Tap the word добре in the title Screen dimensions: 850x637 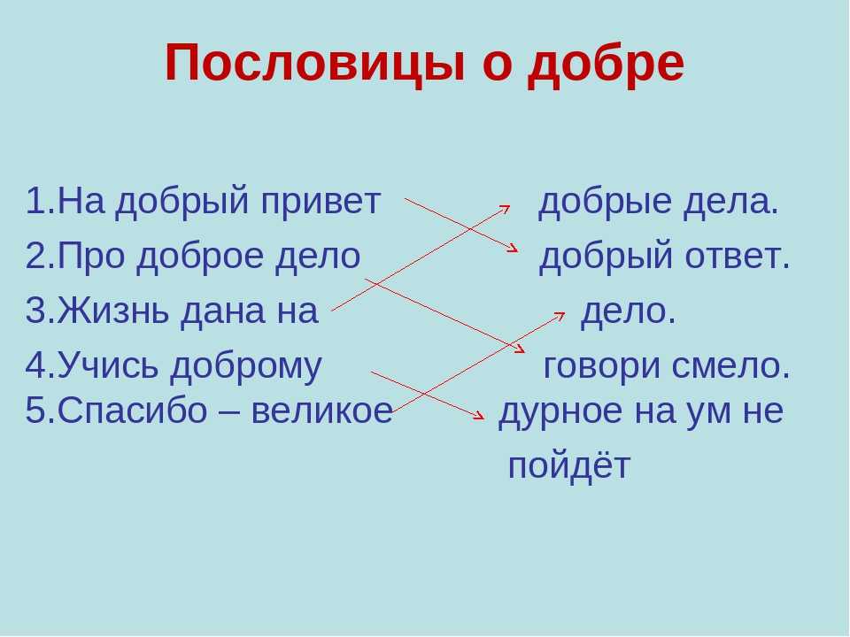coord(606,64)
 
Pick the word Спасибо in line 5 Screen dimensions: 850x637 coord(132,410)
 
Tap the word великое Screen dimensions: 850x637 coord(322,411)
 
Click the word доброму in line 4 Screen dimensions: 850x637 coord(245,366)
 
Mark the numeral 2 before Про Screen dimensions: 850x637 coord(35,256)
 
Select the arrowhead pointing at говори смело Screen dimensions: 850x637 coord(520,349)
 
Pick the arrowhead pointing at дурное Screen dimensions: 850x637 coord(479,416)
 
